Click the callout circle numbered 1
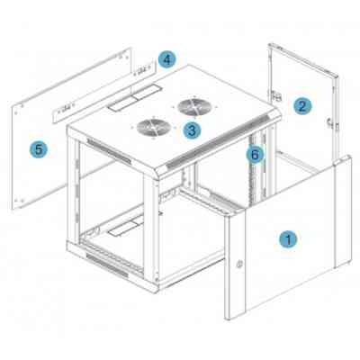point(287,239)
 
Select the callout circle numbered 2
point(303,104)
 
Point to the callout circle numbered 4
point(166,59)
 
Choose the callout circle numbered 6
point(256,154)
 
